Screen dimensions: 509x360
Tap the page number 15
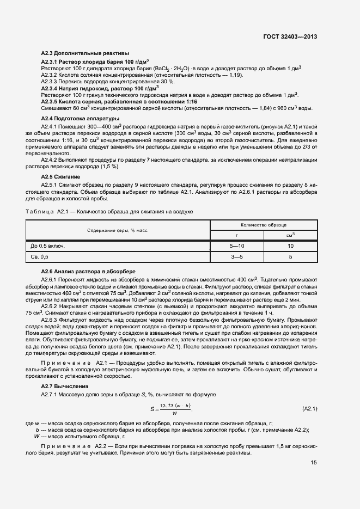click(314, 463)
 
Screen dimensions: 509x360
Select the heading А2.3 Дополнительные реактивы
click(85, 53)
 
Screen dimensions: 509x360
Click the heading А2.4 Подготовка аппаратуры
click(81, 119)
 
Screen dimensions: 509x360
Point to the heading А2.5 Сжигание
click(61, 177)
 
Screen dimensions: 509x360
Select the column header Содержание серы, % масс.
click(118, 231)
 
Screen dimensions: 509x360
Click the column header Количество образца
click(264, 224)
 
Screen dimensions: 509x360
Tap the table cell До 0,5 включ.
click(48, 246)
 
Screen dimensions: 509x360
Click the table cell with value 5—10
click(237, 246)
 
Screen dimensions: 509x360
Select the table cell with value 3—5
click(237, 256)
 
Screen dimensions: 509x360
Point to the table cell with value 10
click(290, 246)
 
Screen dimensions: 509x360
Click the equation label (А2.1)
click(309, 408)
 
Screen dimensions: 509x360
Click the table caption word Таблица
click(40, 211)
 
